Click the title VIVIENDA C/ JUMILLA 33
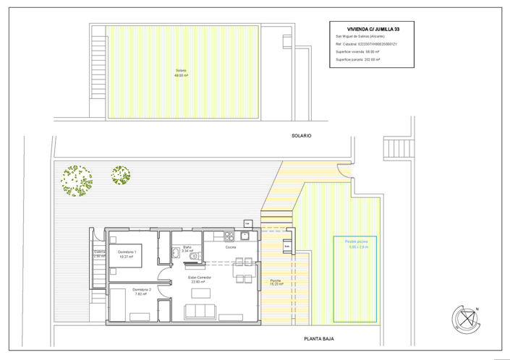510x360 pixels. coord(373,29)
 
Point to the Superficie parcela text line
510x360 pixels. coord(358,60)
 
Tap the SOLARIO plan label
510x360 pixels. coord(301,134)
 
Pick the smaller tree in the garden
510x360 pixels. coord(121,175)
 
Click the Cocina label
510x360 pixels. coord(230,247)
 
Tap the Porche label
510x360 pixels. coord(276,282)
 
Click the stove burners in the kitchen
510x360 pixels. coord(229,236)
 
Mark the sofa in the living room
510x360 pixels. coord(200,312)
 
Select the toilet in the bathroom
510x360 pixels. coord(175,252)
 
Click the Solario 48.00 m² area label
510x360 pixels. coord(181,72)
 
